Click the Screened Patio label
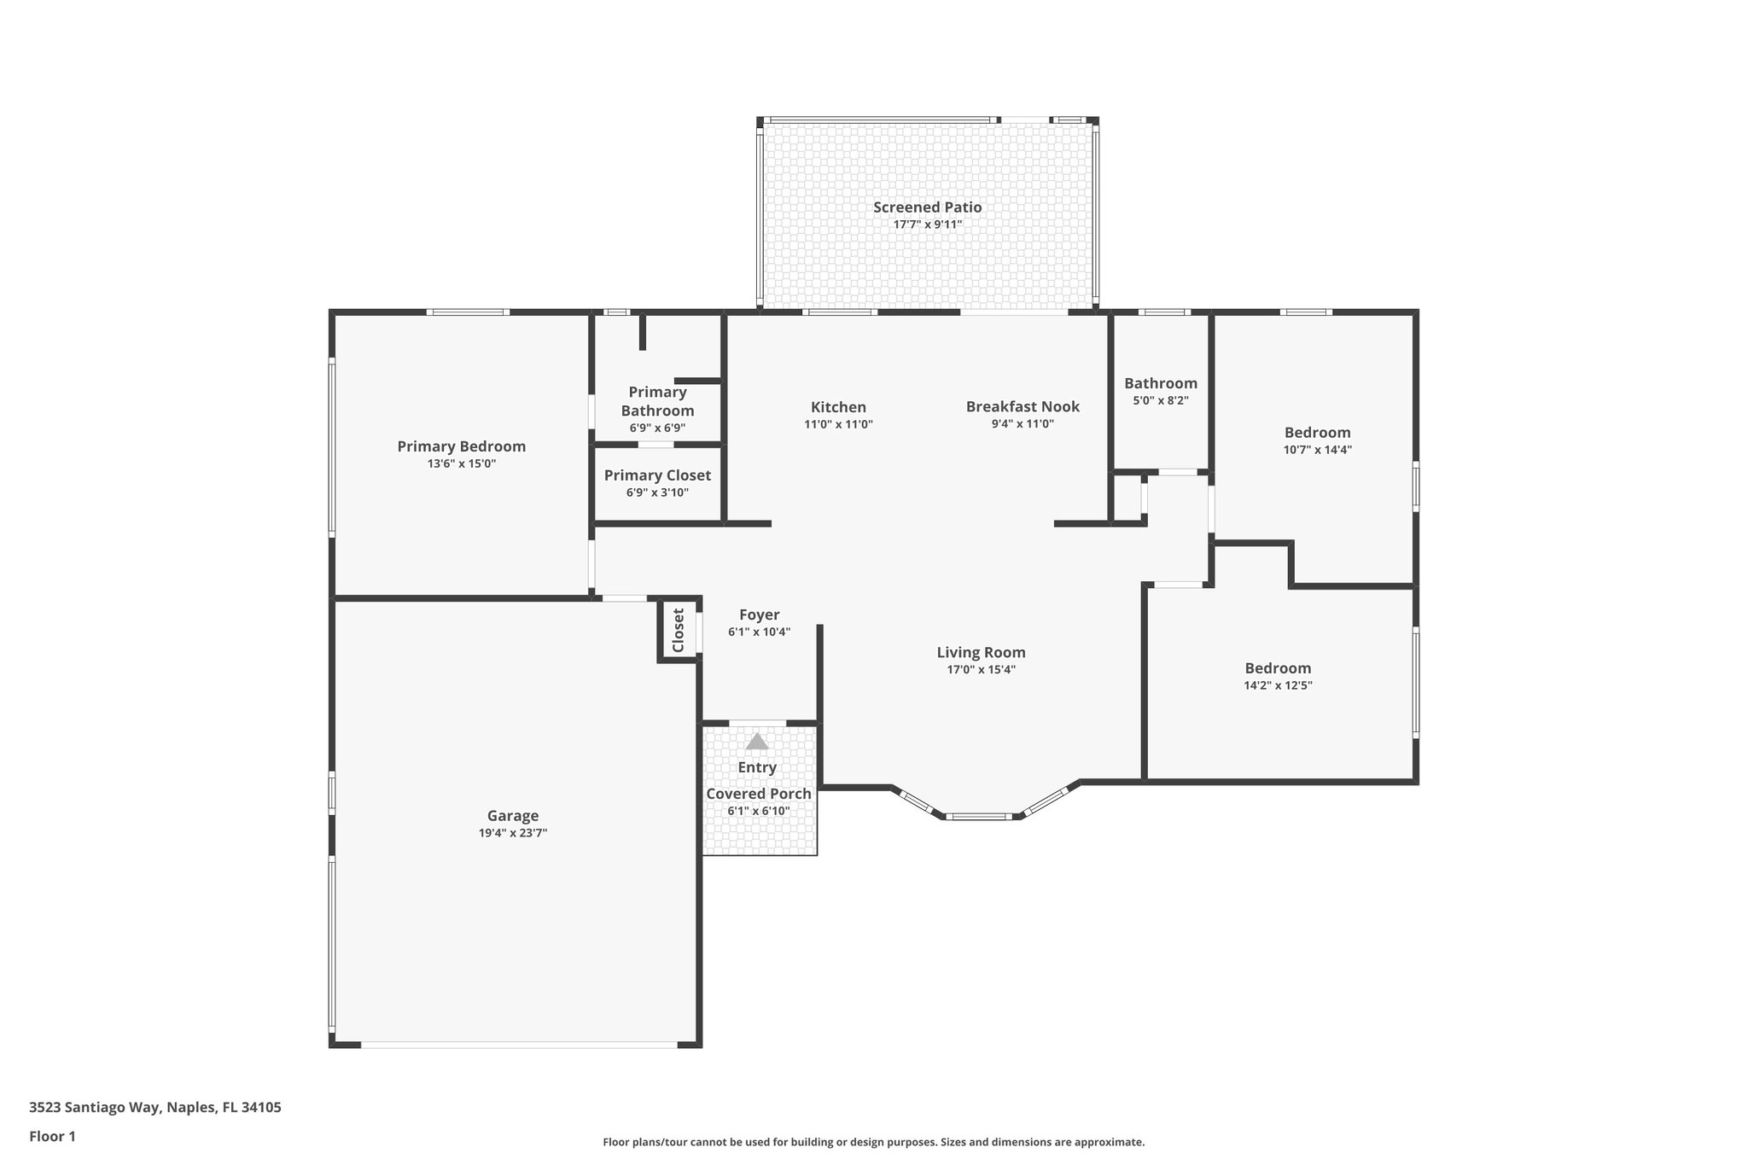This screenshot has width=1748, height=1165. click(x=927, y=207)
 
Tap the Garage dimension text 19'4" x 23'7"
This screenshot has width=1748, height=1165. click(x=512, y=833)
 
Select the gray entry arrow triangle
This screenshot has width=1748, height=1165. click(x=757, y=742)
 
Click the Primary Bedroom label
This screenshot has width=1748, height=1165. click(x=461, y=446)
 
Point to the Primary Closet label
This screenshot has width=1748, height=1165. click(x=657, y=475)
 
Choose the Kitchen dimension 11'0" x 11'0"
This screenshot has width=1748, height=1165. click(x=838, y=424)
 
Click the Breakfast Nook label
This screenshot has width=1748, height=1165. click(x=1023, y=407)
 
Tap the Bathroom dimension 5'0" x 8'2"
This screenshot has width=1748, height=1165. click(x=1160, y=400)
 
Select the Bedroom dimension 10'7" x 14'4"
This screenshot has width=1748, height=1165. click(x=1317, y=450)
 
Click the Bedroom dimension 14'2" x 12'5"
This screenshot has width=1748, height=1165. click(x=1278, y=684)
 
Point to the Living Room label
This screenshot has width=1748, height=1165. click(x=981, y=652)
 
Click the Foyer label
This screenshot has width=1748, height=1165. click(x=759, y=615)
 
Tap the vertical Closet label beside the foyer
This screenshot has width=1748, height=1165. click(x=679, y=630)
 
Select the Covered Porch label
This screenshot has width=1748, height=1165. click(x=758, y=794)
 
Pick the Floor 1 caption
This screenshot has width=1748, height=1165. click(x=52, y=1136)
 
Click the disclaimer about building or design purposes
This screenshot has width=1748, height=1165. click(x=873, y=1142)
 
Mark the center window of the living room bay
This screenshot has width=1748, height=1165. click(x=980, y=817)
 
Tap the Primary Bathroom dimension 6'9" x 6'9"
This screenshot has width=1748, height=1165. click(x=657, y=428)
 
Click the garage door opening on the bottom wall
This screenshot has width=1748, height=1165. click(x=518, y=1044)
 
